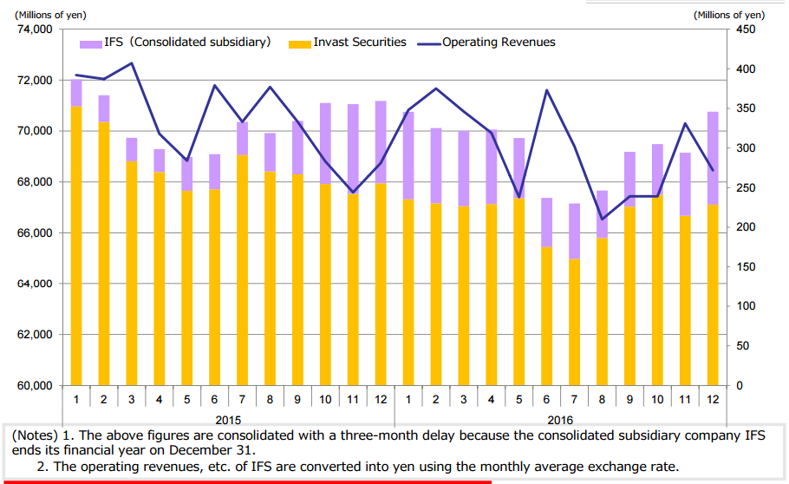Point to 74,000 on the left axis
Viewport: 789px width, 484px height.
point(35,29)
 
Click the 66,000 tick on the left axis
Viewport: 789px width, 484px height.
point(35,233)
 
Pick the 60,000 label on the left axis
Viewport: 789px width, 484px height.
point(35,386)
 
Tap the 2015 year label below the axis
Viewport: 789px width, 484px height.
point(227,419)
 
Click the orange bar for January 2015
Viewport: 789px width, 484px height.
point(76,247)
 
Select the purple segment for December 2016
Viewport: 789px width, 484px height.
point(713,158)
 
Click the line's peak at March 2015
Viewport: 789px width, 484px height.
point(132,63)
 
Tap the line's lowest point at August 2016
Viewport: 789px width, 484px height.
point(602,219)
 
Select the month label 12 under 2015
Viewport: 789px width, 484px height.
point(381,399)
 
